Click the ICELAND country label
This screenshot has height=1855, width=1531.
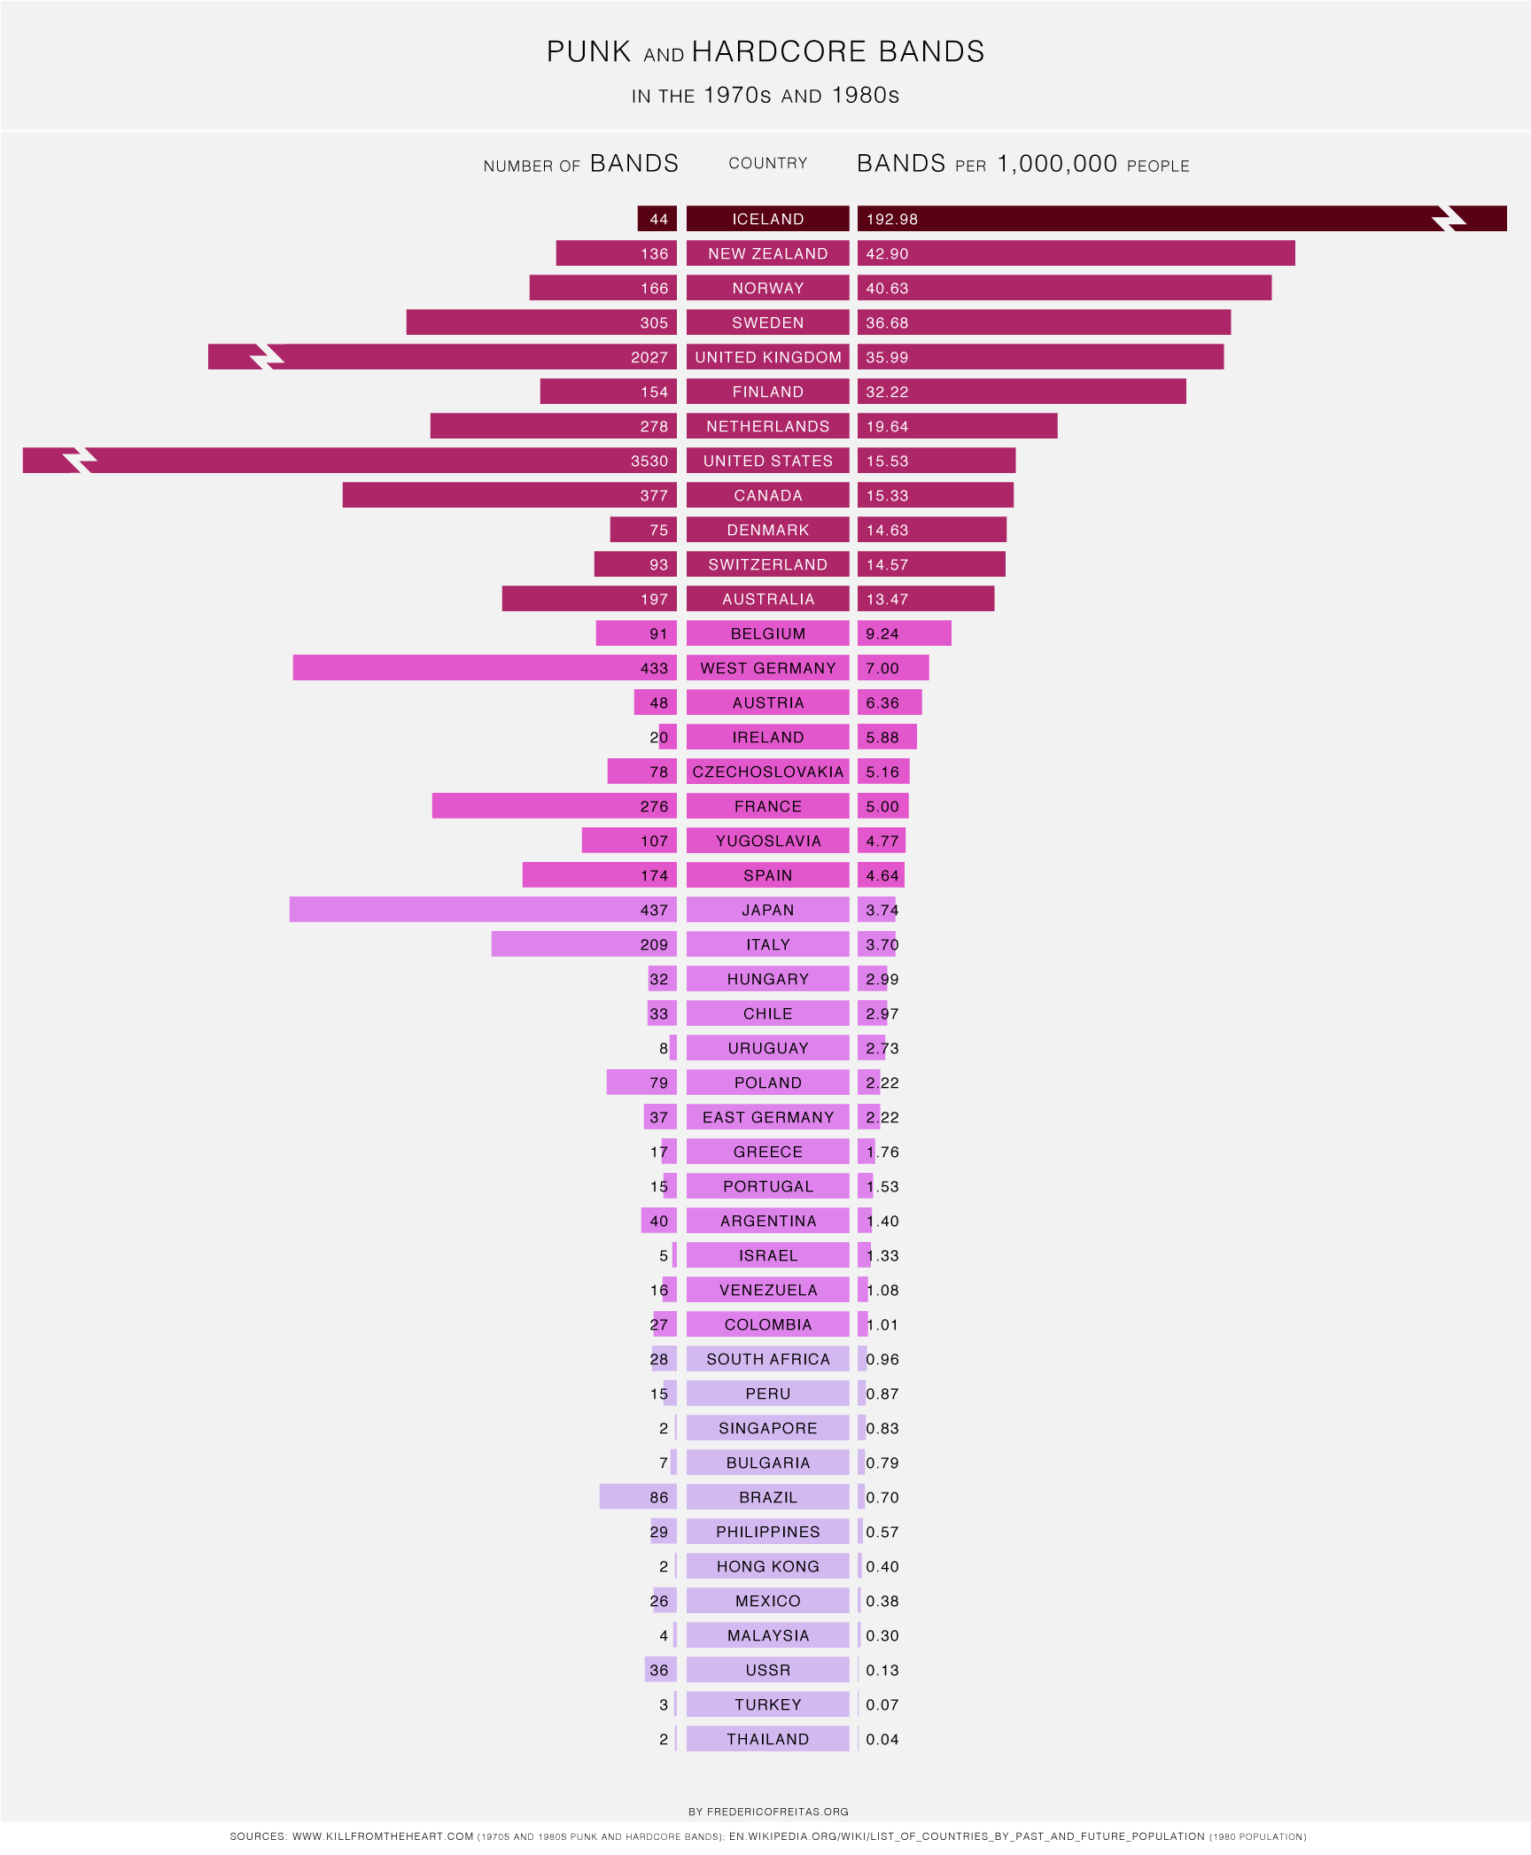coord(767,219)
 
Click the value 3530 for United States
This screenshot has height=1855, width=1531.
coord(649,461)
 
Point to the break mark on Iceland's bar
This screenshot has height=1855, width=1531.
coord(1449,219)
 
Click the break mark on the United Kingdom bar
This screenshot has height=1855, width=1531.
coord(266,357)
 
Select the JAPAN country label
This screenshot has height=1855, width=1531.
coord(767,910)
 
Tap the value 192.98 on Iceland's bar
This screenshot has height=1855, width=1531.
coord(892,219)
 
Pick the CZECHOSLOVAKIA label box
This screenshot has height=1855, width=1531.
coord(767,772)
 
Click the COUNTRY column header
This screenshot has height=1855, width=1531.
coord(767,163)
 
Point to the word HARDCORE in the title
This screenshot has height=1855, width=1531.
coord(779,51)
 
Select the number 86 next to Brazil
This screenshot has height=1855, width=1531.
coord(658,1497)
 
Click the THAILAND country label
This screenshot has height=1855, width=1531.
coord(767,1739)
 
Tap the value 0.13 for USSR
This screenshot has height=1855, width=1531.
coord(882,1670)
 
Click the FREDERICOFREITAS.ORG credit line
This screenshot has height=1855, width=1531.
coord(768,1812)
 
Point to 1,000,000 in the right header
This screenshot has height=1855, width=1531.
coord(1056,164)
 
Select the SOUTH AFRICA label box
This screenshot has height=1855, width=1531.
coord(767,1359)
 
